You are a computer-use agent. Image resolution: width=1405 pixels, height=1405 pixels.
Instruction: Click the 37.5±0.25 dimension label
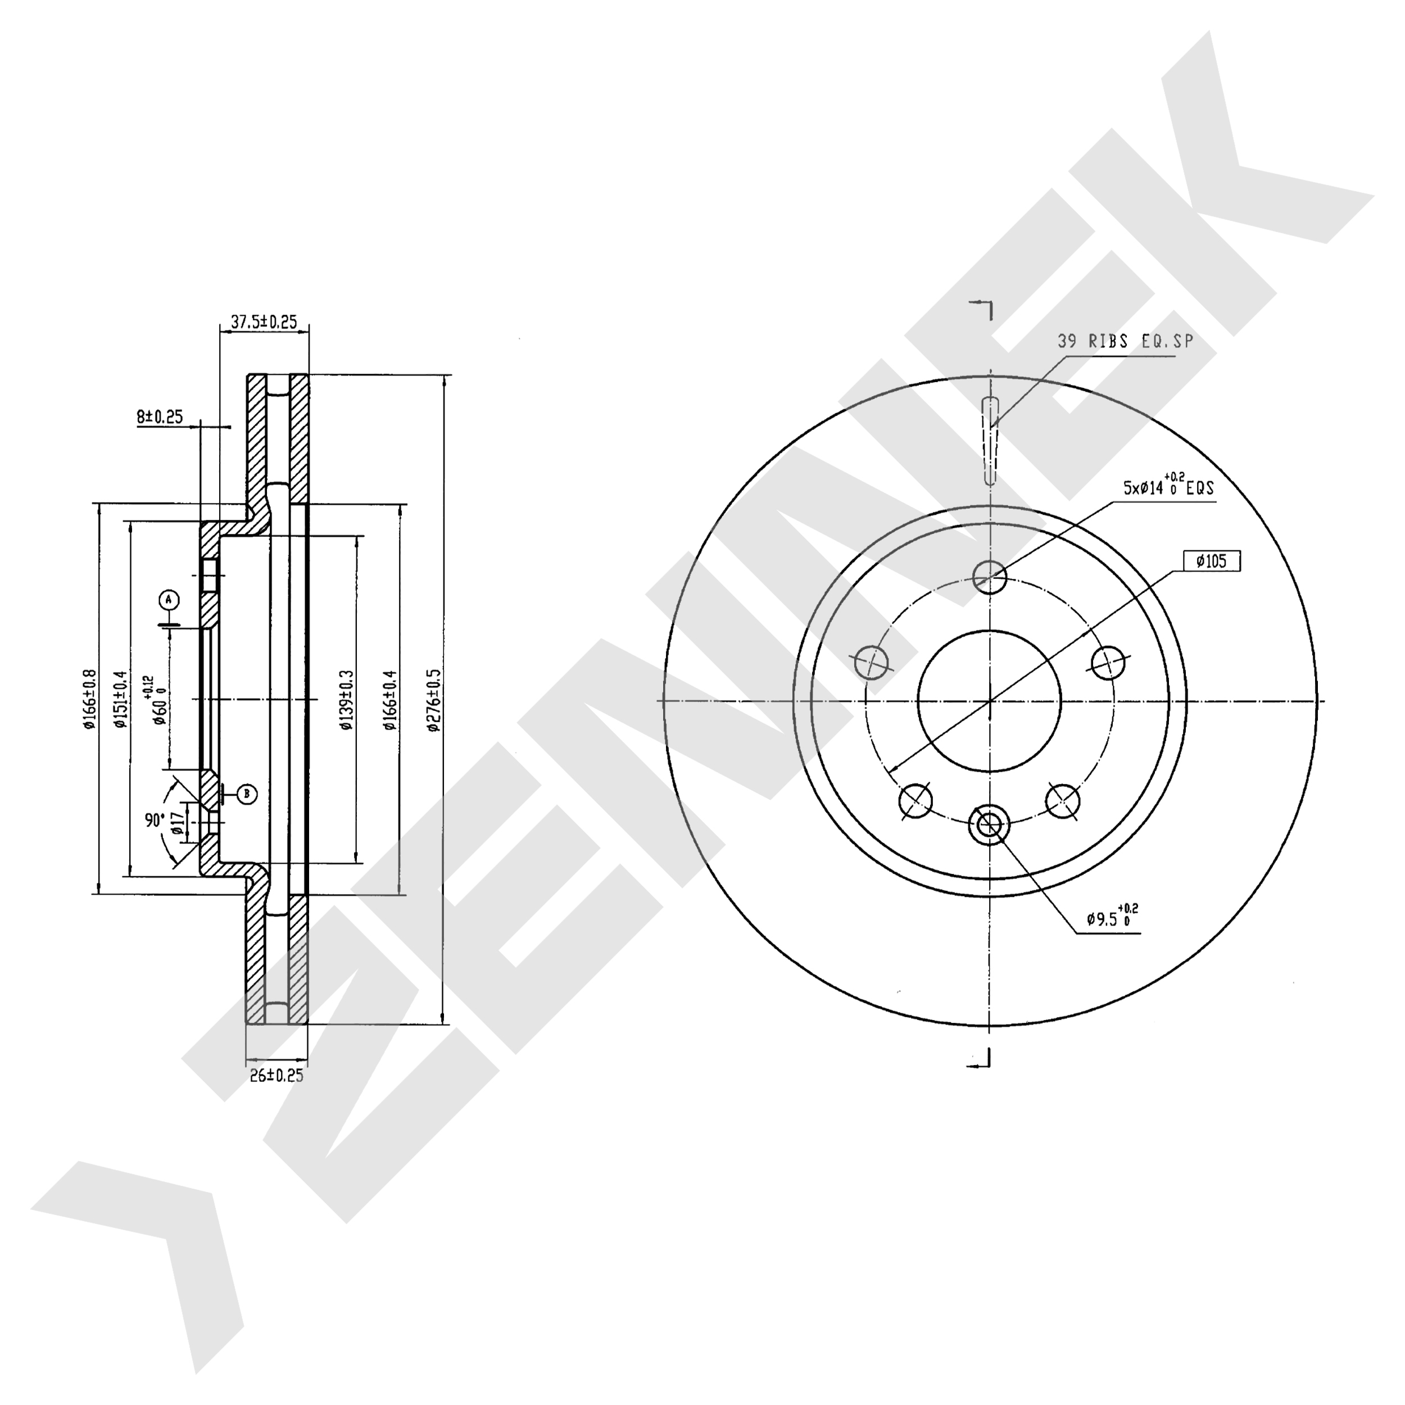pyautogui.click(x=264, y=322)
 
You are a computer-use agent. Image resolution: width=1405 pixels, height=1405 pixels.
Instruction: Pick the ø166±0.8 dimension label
pyautogui.click(x=89, y=699)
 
